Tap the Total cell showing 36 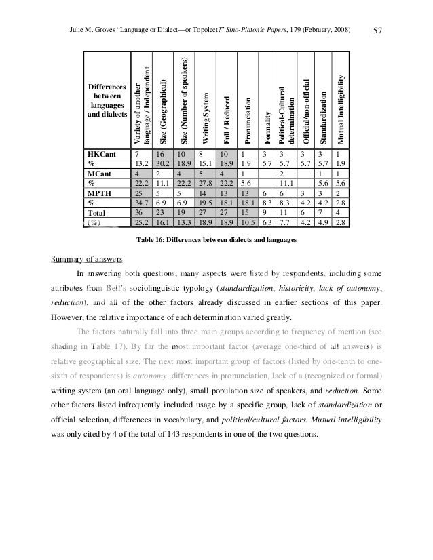pos(139,212)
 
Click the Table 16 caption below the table pos(216,239)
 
